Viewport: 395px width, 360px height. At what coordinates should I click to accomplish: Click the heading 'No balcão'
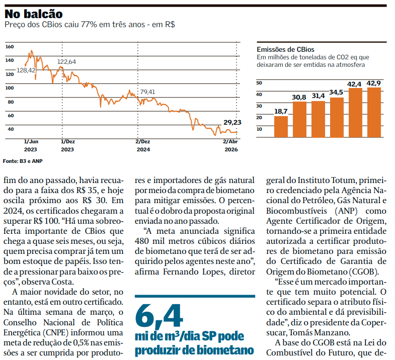[x=34, y=14]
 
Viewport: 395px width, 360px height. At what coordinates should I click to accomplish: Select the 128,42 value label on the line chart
[x=26, y=70]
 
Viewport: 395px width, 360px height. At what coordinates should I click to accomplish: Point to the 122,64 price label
[x=67, y=61]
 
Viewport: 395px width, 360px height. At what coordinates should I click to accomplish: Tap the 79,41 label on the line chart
[x=147, y=92]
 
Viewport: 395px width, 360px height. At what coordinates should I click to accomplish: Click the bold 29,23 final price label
[x=232, y=122]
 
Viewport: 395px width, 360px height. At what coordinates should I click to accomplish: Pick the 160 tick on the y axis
[x=10, y=46]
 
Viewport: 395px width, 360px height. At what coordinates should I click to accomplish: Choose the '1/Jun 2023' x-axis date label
[x=31, y=145]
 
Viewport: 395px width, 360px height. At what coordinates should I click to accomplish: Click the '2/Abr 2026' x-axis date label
[x=230, y=145]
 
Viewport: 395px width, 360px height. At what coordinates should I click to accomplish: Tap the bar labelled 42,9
[x=374, y=112]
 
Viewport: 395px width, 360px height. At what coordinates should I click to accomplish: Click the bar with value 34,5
[x=337, y=117]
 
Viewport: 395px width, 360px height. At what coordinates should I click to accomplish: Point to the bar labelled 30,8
[x=300, y=119]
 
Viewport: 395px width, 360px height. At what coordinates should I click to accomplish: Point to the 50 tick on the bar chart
[x=260, y=82]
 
